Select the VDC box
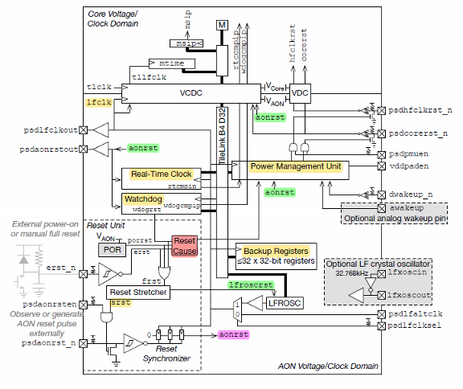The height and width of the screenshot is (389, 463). coord(301,93)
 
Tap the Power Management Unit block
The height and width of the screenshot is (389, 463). coord(297,166)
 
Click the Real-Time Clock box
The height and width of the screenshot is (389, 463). coord(162,174)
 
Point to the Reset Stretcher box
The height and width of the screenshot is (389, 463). coord(138,292)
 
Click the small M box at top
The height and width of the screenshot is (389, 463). coord(222,26)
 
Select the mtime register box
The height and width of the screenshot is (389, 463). coord(170,62)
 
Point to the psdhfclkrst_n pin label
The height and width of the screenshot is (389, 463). coord(420,109)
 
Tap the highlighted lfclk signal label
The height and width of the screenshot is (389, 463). coord(96,103)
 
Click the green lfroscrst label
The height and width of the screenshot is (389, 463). coord(252,285)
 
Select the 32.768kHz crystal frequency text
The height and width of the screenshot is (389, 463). coord(345,273)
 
